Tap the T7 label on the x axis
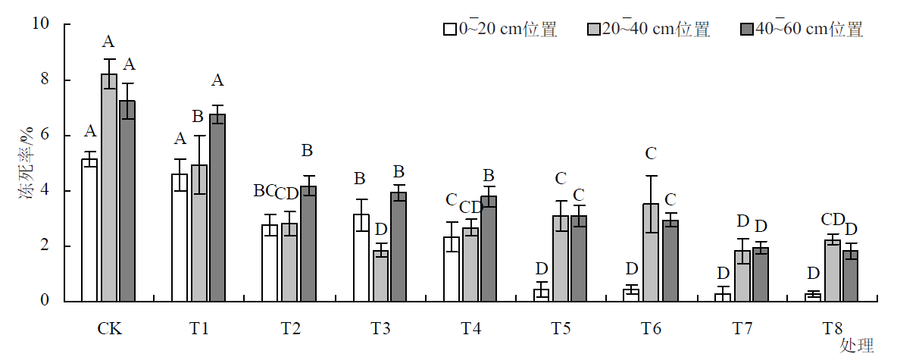coord(742,329)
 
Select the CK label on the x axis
coord(109,329)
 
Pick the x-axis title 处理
coord(856,346)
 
